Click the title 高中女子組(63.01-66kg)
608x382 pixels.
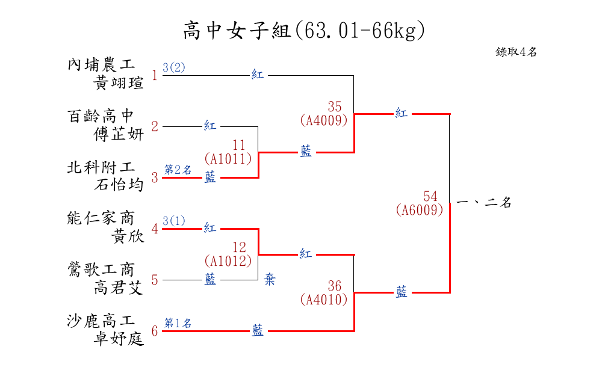pyautogui.click(x=304, y=30)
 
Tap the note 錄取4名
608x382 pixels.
pyautogui.click(x=516, y=52)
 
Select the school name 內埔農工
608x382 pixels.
pyautogui.click(x=101, y=64)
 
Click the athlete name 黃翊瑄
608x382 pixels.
pyautogui.click(x=119, y=83)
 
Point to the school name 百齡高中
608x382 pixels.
pyautogui.click(x=101, y=116)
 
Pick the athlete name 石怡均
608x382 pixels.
pyautogui.click(x=119, y=185)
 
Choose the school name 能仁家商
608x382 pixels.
pyautogui.click(x=101, y=218)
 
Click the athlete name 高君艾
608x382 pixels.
pyautogui.click(x=119, y=288)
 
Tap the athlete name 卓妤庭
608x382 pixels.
pyautogui.click(x=119, y=339)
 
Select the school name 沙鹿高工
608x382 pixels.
pyautogui.click(x=101, y=320)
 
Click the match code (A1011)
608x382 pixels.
pyautogui.click(x=228, y=159)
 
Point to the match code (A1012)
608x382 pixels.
pyautogui.click(x=228, y=261)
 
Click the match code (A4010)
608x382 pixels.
pyautogui.click(x=323, y=299)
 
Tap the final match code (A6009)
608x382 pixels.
pyautogui.click(x=420, y=210)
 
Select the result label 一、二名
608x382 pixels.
pyautogui.click(x=484, y=203)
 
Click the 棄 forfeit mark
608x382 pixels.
pyautogui.click(x=270, y=280)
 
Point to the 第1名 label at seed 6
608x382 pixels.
pyautogui.click(x=178, y=323)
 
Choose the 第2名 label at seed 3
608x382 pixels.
pyautogui.click(x=178, y=170)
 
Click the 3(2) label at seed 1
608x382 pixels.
pyautogui.click(x=174, y=67)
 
